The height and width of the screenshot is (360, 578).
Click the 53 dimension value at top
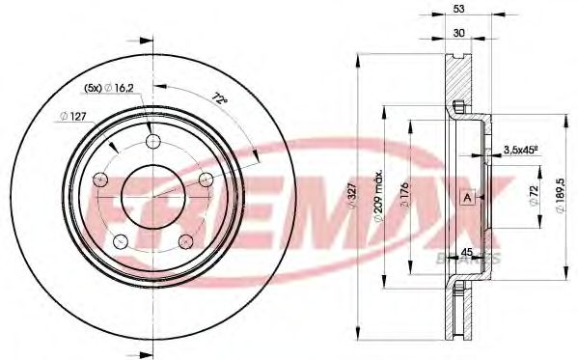[458, 9]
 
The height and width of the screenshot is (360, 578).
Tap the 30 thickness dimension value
[458, 33]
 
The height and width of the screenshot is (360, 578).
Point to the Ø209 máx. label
[378, 197]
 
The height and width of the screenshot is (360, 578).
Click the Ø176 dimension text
[404, 196]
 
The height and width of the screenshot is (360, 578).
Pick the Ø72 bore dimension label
[535, 196]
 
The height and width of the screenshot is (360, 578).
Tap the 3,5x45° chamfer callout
[521, 151]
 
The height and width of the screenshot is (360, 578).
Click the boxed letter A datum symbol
[467, 198]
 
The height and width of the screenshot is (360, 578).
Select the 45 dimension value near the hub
[467, 252]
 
